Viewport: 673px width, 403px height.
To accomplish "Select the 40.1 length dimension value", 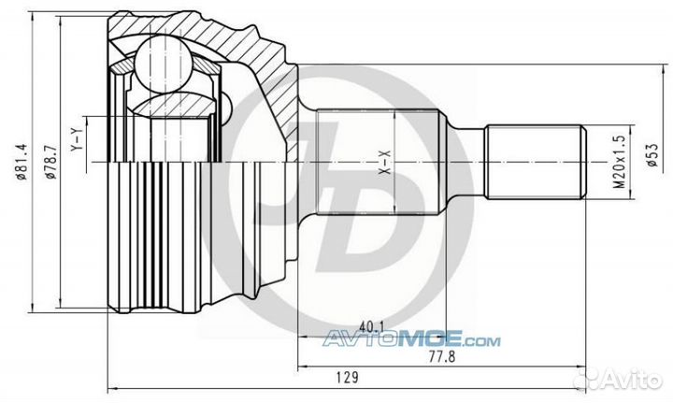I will pos(372,326).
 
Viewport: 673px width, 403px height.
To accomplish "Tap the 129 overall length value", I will pos(347,378).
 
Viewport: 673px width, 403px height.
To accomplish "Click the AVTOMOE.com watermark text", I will pos(411,340).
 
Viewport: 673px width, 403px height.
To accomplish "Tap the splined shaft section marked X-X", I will pos(374,164).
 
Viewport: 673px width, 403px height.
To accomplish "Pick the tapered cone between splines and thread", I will pos(462,161).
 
